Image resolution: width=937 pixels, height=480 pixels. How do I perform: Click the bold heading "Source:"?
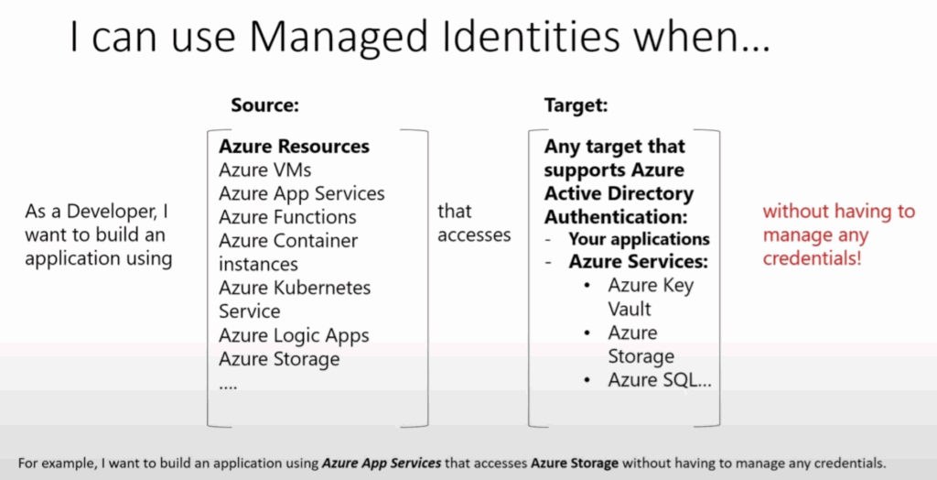(x=264, y=106)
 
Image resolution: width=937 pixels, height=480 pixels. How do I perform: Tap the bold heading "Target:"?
(x=576, y=106)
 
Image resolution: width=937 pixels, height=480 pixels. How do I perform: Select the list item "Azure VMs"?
(x=265, y=170)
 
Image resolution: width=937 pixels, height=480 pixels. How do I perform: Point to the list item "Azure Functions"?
(x=287, y=217)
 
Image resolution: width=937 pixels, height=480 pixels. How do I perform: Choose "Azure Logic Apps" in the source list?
(x=294, y=336)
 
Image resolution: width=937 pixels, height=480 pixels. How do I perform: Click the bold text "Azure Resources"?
(x=294, y=146)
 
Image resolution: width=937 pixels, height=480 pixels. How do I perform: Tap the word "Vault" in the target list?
(x=630, y=310)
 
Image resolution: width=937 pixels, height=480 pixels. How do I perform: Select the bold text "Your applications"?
(x=639, y=239)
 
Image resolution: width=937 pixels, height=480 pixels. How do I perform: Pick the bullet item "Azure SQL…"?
(x=660, y=380)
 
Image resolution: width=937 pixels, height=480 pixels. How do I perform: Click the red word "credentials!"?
(x=813, y=260)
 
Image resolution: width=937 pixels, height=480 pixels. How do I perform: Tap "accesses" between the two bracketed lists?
(x=475, y=235)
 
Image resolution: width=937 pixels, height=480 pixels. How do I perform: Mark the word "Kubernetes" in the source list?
(x=324, y=288)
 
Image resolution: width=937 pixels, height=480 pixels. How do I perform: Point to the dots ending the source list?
(x=228, y=387)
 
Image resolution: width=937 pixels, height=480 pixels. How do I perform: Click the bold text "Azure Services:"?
(x=638, y=262)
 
